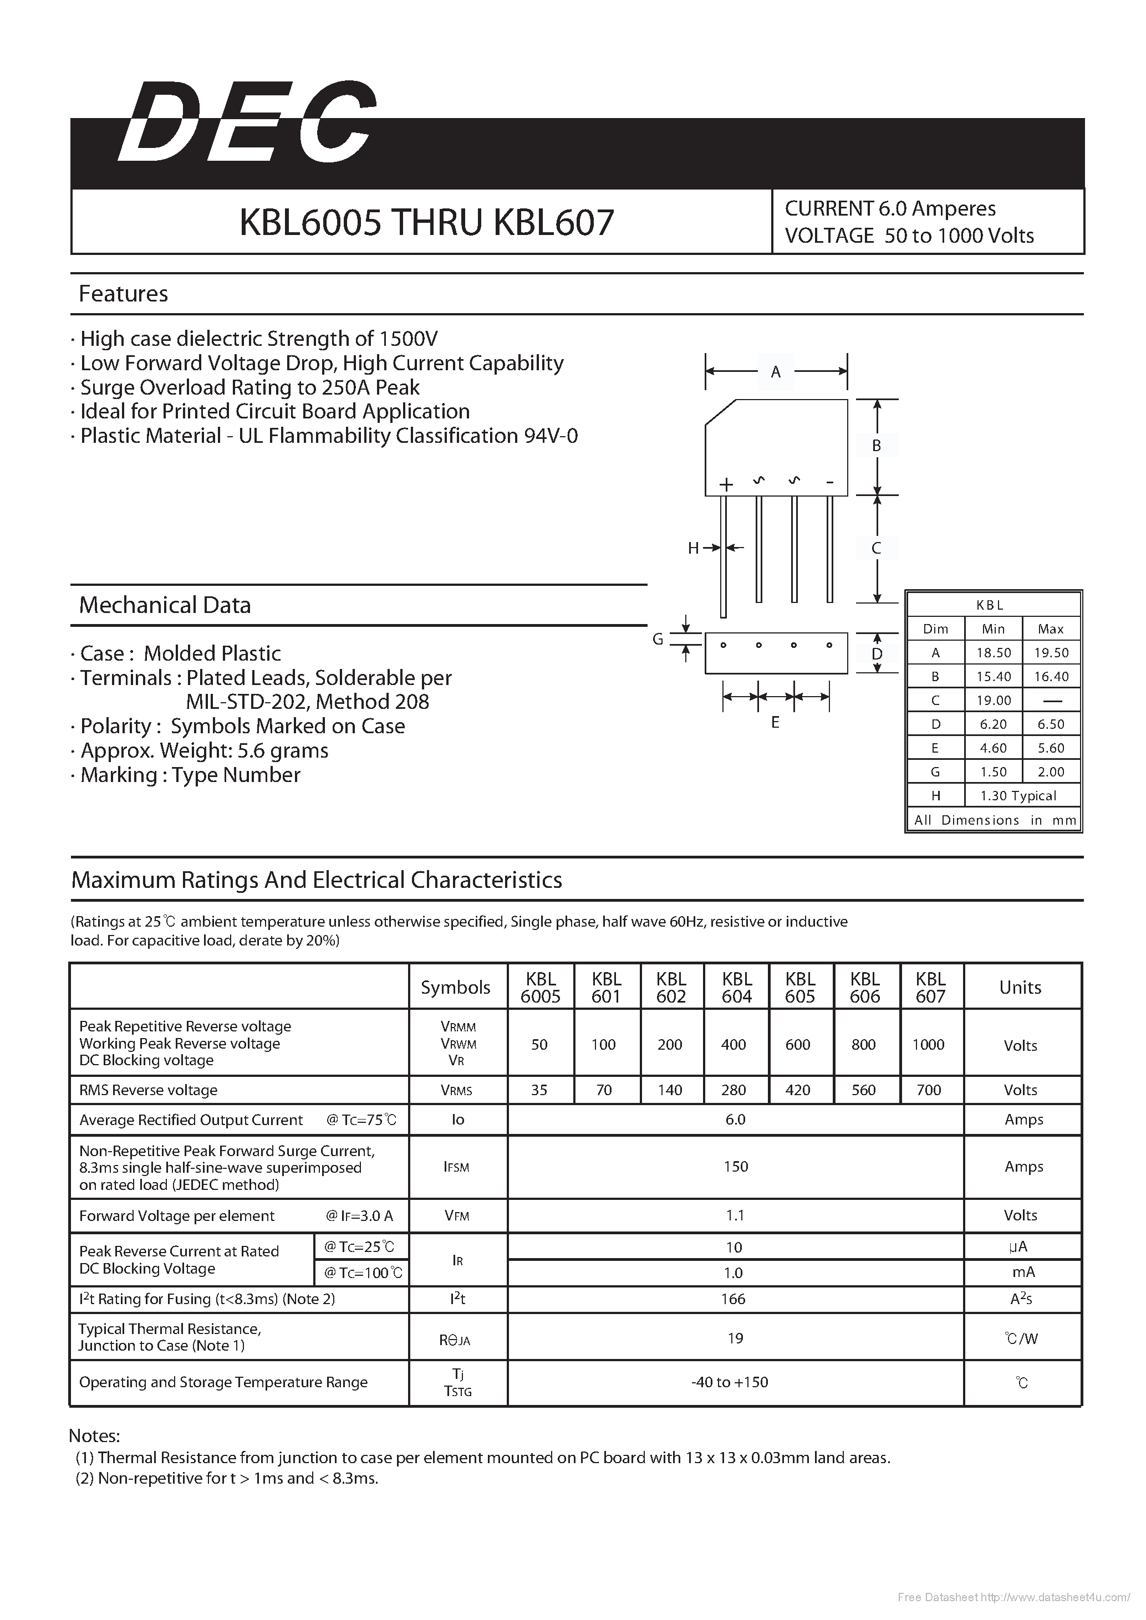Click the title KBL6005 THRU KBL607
pos(426,222)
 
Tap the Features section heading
pos(124,294)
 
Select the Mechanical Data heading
pos(165,605)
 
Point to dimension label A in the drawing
pos(776,372)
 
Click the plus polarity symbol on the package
pos(726,484)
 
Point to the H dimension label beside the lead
pos(693,548)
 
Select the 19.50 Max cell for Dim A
pos(1051,653)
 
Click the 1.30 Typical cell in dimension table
pos(1018,796)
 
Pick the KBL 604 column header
pos(737,987)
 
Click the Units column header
pos(1020,987)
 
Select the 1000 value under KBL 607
pos(928,1044)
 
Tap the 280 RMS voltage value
pos(734,1090)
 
